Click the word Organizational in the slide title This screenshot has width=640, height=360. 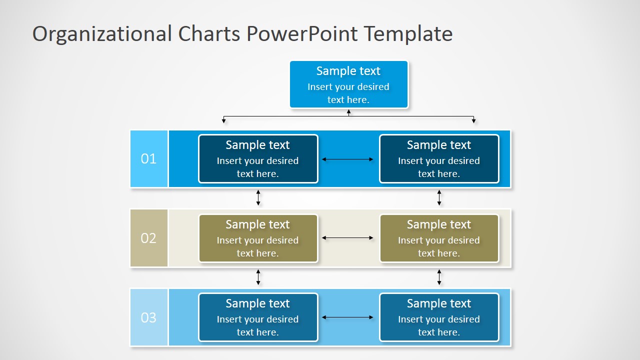click(102, 34)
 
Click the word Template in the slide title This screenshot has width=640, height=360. click(408, 34)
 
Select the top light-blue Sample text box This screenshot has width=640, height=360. click(348, 84)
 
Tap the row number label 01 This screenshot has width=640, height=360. click(148, 159)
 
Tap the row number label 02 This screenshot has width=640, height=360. click(148, 238)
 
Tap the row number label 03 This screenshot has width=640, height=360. click(148, 317)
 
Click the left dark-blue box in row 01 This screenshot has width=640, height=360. click(258, 159)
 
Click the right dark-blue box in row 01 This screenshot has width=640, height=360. click(439, 159)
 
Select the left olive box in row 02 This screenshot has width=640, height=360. click(258, 238)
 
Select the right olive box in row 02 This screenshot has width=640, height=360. click(439, 238)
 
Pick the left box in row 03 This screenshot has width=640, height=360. click(258, 317)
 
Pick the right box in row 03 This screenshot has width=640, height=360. click(439, 317)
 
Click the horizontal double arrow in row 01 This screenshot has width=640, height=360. click(348, 159)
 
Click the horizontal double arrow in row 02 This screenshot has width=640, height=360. click(348, 238)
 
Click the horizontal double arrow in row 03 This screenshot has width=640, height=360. click(348, 317)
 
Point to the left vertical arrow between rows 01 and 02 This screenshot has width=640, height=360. click(258, 197)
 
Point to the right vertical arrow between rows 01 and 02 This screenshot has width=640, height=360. click(439, 197)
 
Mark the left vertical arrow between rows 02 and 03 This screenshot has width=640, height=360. click(258, 277)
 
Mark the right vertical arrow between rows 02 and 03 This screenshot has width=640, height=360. click(439, 277)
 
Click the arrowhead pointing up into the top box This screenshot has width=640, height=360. click(348, 112)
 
